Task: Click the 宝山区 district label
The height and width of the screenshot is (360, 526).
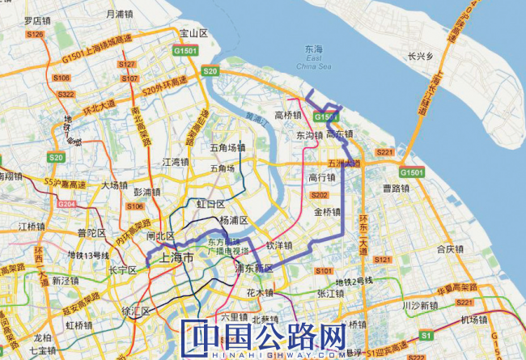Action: (x=194, y=33)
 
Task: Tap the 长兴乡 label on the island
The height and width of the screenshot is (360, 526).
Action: (x=421, y=57)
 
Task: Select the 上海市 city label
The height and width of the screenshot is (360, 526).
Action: (x=177, y=259)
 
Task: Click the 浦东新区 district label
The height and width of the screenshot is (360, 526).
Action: (x=255, y=267)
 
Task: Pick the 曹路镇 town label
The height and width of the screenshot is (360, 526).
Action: (x=397, y=188)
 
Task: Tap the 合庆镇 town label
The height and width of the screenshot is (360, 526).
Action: (x=451, y=249)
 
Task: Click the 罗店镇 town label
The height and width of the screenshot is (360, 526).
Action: (x=38, y=20)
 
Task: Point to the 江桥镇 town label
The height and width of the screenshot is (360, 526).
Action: (x=34, y=226)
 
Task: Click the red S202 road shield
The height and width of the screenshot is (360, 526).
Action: (x=319, y=195)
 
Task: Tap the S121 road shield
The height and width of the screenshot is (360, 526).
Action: (x=384, y=260)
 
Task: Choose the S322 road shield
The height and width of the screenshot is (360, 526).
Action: (x=66, y=94)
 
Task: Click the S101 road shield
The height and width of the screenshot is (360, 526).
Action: (x=323, y=270)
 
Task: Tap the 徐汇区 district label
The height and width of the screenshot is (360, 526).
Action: (x=130, y=309)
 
